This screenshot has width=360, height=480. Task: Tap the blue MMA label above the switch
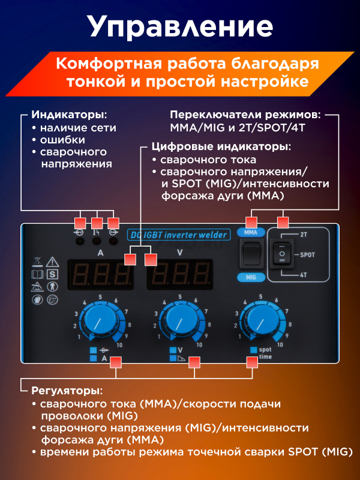tap(251, 232)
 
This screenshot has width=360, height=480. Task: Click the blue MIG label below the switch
tap(251, 277)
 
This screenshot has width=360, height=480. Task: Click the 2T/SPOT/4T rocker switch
tap(281, 254)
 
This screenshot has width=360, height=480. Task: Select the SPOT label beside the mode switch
tap(307, 254)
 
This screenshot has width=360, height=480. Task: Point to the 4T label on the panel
tap(303, 275)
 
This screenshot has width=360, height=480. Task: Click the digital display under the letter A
tap(100, 274)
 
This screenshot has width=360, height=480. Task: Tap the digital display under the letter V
tap(180, 274)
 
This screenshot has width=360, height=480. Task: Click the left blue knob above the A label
tap(100, 320)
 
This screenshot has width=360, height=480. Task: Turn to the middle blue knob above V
tap(180, 320)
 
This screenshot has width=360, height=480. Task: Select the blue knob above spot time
tap(260, 320)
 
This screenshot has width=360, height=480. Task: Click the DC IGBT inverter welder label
tap(178, 235)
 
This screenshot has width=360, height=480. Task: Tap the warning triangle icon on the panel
tap(52, 262)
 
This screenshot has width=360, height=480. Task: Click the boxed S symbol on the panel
tap(53, 274)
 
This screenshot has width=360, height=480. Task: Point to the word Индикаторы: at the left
tap(70, 115)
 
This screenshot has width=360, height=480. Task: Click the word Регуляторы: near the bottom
tap(67, 391)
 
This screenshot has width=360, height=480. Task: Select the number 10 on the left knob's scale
tap(119, 345)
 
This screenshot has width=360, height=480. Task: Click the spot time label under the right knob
tap(265, 353)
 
